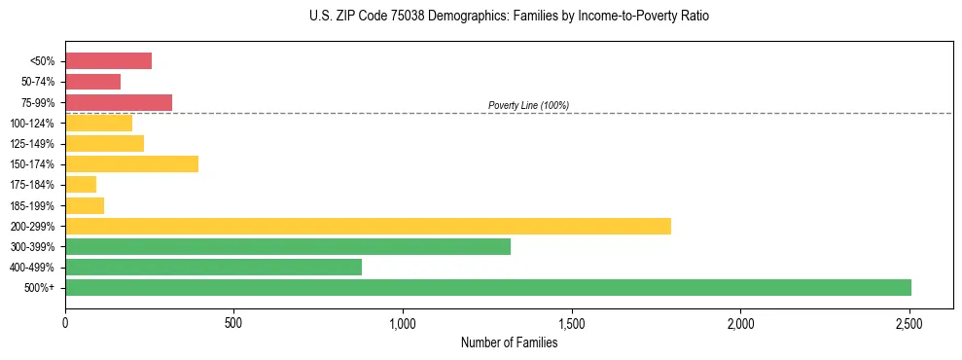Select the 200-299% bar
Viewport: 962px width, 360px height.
click(x=368, y=227)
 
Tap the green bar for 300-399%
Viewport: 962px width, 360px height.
click(x=288, y=247)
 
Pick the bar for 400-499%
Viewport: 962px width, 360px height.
click(x=213, y=268)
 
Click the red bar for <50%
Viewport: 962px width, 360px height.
click(x=108, y=61)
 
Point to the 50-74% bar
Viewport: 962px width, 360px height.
click(x=92, y=82)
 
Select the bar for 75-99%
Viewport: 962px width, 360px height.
click(x=119, y=102)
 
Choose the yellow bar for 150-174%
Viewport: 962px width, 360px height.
click(x=131, y=164)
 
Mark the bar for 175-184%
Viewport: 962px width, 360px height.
click(x=81, y=185)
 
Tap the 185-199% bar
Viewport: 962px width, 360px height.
click(x=85, y=205)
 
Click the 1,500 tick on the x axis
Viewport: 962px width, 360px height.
click(x=572, y=323)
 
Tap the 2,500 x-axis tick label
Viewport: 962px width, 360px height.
click(x=909, y=323)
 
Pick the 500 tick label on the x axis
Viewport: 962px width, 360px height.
click(x=233, y=323)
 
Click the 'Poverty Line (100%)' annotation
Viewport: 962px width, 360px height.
click(x=528, y=105)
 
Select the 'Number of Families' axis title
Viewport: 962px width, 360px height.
click(x=509, y=342)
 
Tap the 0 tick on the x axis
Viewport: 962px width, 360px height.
click(x=65, y=323)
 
